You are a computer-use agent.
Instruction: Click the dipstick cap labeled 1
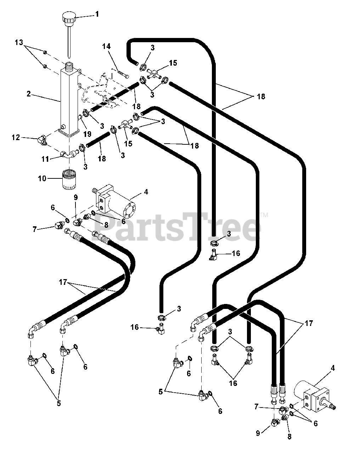[x=68, y=17]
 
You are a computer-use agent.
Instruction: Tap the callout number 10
[x=42, y=178]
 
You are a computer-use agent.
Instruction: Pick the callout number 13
[x=19, y=43]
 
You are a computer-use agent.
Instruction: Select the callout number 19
[x=87, y=134]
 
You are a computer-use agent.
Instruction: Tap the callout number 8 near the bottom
[x=289, y=437]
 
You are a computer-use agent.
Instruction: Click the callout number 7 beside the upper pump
[x=34, y=229]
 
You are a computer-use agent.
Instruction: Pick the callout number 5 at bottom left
[x=58, y=403]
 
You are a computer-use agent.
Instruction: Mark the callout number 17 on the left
[x=63, y=283]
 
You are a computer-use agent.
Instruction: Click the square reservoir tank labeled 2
[x=68, y=99]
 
